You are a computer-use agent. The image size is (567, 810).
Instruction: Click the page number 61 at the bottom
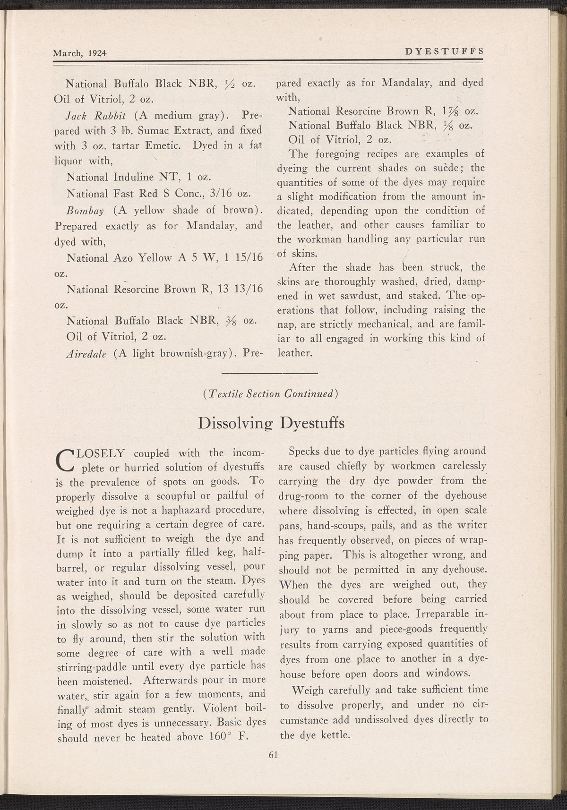click(x=272, y=754)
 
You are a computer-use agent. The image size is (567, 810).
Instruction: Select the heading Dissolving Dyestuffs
click(x=272, y=423)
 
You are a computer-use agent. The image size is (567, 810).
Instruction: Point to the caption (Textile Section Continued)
click(x=270, y=393)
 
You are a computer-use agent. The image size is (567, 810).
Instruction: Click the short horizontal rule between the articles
click(x=270, y=373)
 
